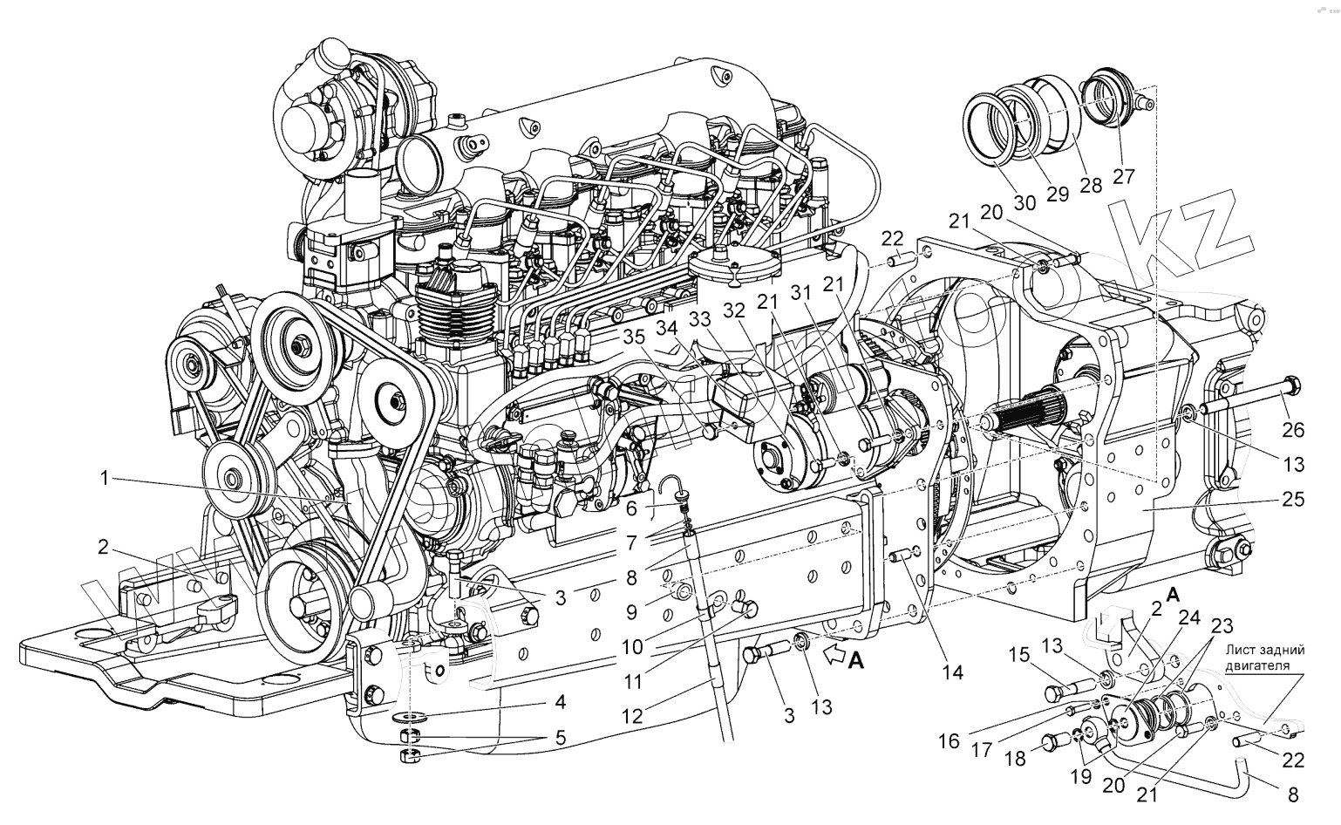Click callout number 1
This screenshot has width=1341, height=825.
coord(104,479)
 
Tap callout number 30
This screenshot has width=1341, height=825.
coord(1025,202)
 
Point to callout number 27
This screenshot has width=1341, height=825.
coord(1124,176)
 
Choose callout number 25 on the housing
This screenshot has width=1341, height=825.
coord(1293,500)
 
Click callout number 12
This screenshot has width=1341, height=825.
coord(632,717)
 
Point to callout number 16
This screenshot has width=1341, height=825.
coord(949,741)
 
